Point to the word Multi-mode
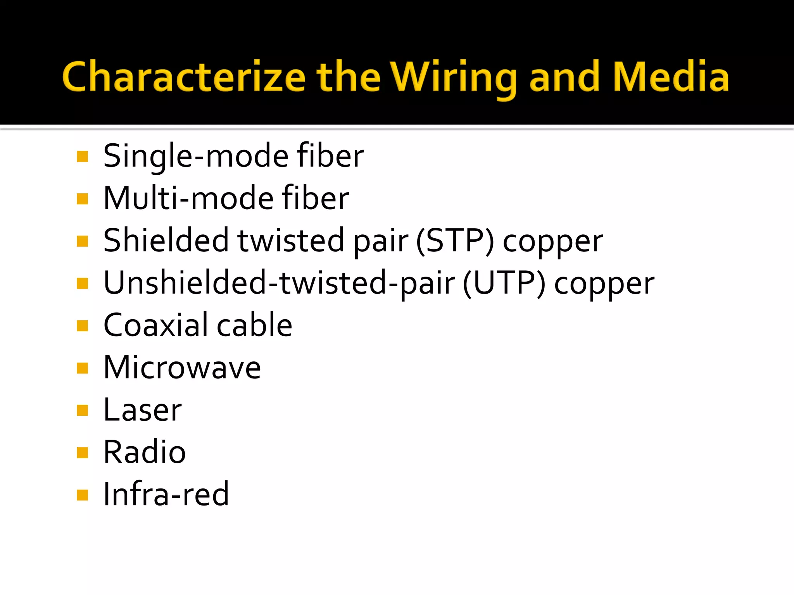point(188,198)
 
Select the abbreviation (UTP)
point(504,283)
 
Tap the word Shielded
point(166,241)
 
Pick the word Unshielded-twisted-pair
point(279,283)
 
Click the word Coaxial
point(155,325)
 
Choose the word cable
point(254,325)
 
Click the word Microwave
point(182,368)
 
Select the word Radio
point(145,452)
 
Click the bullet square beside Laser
point(83,410)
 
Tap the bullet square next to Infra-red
point(83,495)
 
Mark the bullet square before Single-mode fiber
point(83,157)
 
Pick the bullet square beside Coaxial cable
point(83,326)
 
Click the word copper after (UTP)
point(604,284)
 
